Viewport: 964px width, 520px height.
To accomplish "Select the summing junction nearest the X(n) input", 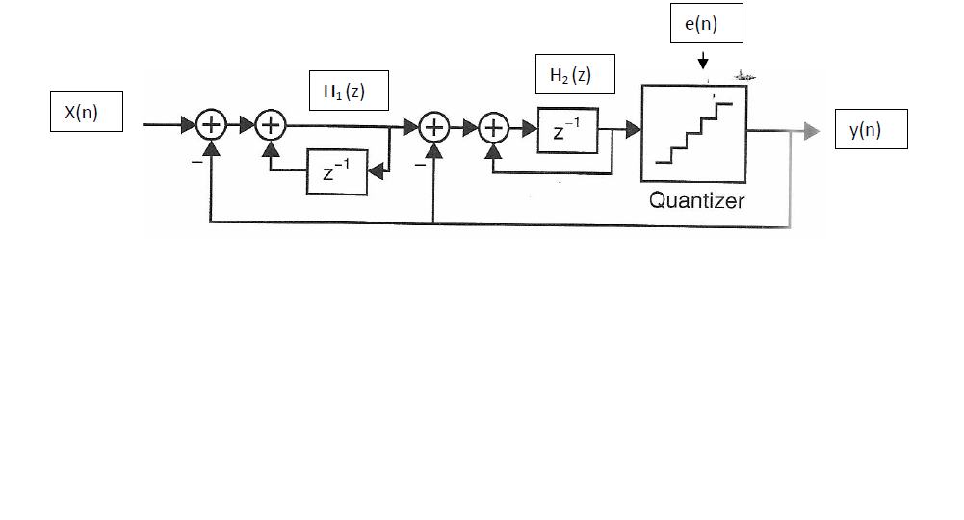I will (x=210, y=125).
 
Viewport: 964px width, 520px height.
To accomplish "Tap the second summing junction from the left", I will (x=272, y=125).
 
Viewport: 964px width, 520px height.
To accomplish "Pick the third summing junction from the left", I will (x=435, y=126).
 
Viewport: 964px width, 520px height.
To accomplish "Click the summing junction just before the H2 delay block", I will (x=494, y=127).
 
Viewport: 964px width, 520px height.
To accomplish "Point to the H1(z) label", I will (x=348, y=92).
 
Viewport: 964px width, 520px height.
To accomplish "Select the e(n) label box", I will (x=707, y=26).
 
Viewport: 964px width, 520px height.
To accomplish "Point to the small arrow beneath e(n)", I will (x=703, y=61).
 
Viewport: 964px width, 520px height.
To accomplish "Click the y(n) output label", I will (x=871, y=132).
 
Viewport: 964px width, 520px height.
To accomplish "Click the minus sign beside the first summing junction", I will (x=196, y=163).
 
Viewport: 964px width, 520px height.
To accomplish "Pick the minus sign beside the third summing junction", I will (x=421, y=164).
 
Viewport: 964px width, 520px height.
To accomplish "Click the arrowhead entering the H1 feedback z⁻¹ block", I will (x=377, y=172).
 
